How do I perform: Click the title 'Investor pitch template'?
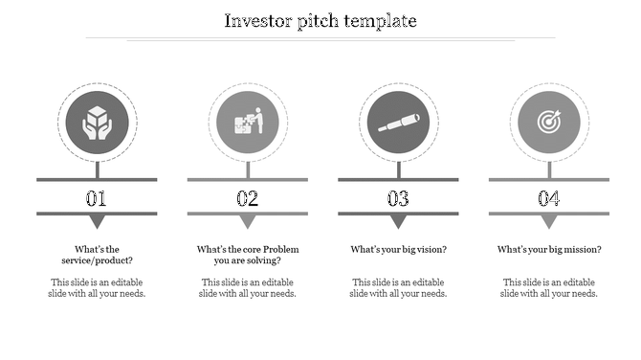(x=320, y=20)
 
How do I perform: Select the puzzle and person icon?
(x=248, y=123)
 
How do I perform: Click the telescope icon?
(x=398, y=123)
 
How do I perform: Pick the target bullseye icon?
(x=548, y=123)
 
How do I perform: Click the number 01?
(x=97, y=199)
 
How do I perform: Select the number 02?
(x=248, y=199)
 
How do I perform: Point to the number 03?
(x=398, y=199)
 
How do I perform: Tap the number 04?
(x=548, y=199)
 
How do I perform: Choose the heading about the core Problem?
(x=248, y=255)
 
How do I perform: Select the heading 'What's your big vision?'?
(x=398, y=250)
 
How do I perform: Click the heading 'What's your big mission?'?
(x=549, y=250)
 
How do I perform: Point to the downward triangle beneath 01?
(x=97, y=222)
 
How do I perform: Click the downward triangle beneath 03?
(x=398, y=222)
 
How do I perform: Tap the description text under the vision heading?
(x=398, y=288)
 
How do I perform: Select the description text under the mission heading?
(x=549, y=288)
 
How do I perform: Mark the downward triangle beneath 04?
(x=548, y=222)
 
